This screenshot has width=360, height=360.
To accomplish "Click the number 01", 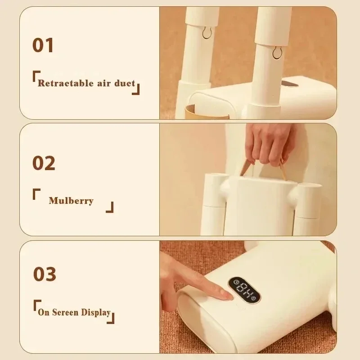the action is tap(43, 45).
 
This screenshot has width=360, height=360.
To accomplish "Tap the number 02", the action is tap(44, 163).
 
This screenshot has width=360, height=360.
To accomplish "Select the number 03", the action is tap(45, 274).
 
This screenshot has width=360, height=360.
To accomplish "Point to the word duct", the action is tap(125, 83).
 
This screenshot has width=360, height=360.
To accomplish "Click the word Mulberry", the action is tap(71, 201).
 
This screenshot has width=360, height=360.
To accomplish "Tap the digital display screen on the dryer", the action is tap(244, 290).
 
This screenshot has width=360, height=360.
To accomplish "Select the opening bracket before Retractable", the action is tap(36, 76).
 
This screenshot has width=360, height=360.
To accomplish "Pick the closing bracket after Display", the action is tap(111, 318).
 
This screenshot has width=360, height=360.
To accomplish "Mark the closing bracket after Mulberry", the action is tap(109, 207).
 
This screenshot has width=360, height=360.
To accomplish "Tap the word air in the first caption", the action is tap(104, 83).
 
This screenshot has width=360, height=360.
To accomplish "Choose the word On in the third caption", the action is tap(44, 312).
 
